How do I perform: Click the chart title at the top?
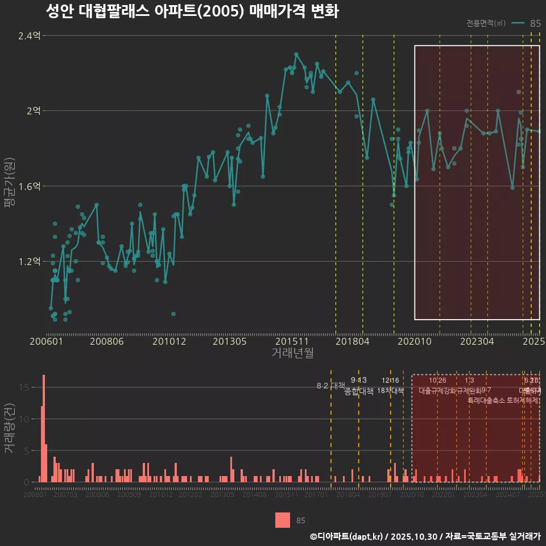(192, 12)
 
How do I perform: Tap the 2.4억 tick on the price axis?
(30, 36)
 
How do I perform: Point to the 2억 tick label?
(33, 111)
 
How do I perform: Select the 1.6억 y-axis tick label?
(30, 186)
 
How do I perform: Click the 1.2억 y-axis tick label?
(30, 262)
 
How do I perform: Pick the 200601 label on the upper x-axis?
(46, 342)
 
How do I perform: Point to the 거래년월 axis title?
(292, 353)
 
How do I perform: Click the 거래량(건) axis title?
(9, 429)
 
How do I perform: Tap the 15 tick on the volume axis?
(27, 387)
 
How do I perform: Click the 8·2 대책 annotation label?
(331, 386)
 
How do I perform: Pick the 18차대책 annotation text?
(390, 391)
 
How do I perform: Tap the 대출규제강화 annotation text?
(437, 391)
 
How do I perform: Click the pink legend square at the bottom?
(282, 520)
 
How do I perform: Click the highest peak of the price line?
(296, 54)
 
